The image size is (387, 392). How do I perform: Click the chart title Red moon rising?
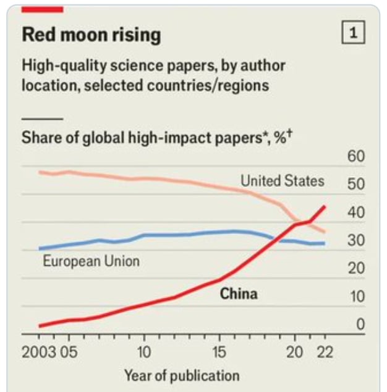[91, 35]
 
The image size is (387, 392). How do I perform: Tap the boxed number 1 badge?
[353, 33]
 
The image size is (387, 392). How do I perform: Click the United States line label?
[282, 181]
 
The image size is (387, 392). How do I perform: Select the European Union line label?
[91, 261]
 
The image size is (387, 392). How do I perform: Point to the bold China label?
[239, 293]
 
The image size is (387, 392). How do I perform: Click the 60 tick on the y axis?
[355, 156]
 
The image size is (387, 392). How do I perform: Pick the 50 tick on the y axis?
[355, 185]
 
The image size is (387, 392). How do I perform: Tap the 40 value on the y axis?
[355, 212]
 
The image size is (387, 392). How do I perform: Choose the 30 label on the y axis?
[355, 241]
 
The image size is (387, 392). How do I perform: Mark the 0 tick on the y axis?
[360, 324]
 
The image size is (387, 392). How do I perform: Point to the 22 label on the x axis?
[325, 352]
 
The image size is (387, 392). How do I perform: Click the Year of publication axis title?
[181, 375]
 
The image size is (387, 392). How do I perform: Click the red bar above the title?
[42, 8]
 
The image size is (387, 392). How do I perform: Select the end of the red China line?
[325, 206]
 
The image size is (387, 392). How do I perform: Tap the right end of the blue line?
[325, 243]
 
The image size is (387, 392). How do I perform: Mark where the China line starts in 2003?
[39, 326]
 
